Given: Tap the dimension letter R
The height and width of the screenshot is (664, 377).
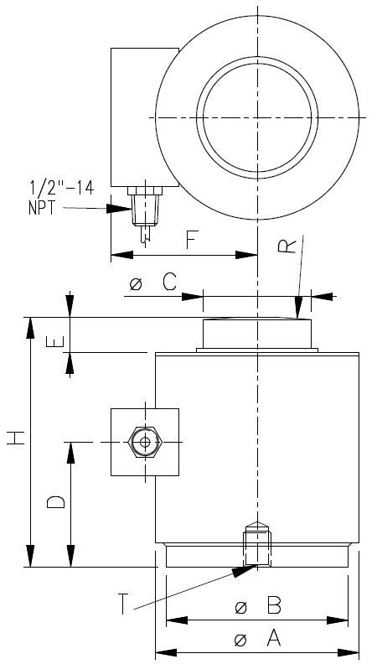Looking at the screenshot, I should point(287,246).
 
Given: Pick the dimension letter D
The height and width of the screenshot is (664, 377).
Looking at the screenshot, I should point(55,501).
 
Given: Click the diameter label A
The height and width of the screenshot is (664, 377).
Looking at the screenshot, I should point(272,640).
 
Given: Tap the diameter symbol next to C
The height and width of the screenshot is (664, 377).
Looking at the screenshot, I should point(137,285).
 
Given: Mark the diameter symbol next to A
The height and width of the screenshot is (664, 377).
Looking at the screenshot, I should point(240,641).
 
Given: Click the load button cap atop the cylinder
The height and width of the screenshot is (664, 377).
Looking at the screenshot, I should point(256,335).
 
